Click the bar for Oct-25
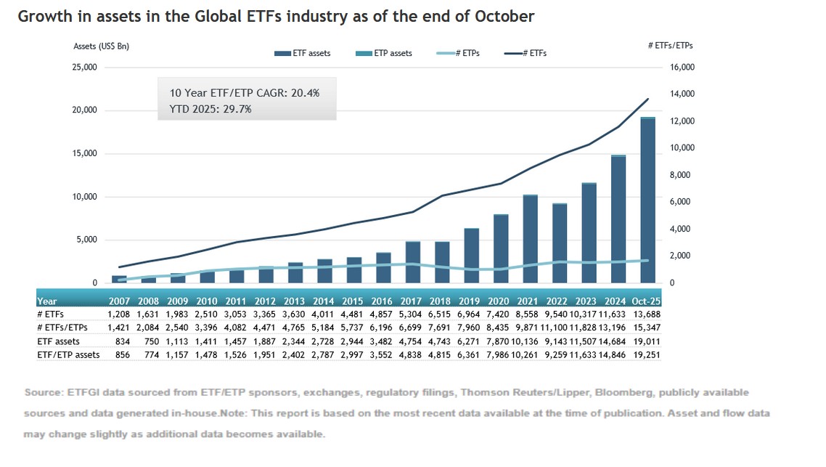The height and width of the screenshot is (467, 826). click(x=648, y=200)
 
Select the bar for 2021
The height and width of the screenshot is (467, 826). click(x=530, y=239)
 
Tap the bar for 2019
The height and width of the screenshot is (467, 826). click(x=471, y=256)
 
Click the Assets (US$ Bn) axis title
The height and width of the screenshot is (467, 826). click(x=102, y=46)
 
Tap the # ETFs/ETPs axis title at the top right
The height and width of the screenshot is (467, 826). click(x=669, y=46)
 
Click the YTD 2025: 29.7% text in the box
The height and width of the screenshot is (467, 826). click(x=210, y=109)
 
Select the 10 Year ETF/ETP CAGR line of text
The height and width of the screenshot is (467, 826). click(x=244, y=94)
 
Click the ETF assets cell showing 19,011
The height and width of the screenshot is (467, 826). click(x=645, y=340)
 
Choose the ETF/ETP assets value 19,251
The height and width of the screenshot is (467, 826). click(x=645, y=354)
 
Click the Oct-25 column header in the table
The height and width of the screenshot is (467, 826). click(x=645, y=300)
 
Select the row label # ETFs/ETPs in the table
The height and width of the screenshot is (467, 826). click(x=62, y=327)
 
